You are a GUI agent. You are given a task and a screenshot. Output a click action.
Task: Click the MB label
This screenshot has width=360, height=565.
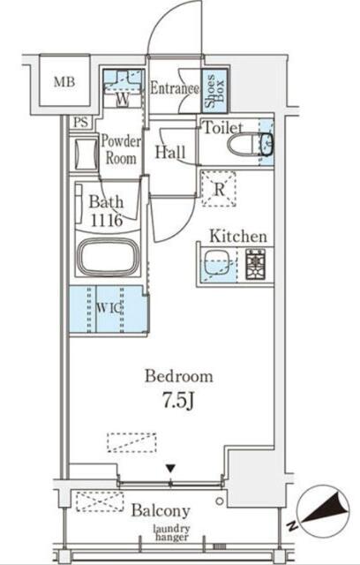(x=64, y=82)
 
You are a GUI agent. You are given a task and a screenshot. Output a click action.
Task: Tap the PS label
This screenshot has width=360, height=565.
(x=80, y=123)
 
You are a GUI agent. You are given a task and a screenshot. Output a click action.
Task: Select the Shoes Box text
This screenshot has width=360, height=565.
(x=214, y=90)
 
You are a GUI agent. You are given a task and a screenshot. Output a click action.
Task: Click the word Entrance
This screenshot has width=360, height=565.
(x=174, y=88)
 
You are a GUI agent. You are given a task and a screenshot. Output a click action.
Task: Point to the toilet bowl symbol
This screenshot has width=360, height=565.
(x=250, y=144)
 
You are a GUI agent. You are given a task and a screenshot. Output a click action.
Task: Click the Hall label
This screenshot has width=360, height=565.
(x=170, y=152)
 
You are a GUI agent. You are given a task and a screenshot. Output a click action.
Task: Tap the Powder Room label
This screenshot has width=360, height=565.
(x=121, y=149)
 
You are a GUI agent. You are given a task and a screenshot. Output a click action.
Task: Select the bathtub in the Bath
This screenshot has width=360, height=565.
(x=109, y=256)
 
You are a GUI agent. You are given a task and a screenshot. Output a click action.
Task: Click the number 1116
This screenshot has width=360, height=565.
(x=106, y=220)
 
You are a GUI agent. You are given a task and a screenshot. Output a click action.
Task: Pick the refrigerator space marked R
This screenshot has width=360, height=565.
(x=219, y=189)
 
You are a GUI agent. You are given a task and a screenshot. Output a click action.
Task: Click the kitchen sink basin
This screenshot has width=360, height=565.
(x=217, y=264)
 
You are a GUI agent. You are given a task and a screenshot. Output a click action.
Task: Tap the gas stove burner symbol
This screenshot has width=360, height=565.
(x=255, y=264)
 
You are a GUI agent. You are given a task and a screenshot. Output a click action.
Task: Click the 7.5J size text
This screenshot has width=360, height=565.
(x=179, y=401)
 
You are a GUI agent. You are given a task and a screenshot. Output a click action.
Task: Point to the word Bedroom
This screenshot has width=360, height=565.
(x=179, y=376)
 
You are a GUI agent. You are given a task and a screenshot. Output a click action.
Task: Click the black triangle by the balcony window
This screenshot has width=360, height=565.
(x=170, y=468)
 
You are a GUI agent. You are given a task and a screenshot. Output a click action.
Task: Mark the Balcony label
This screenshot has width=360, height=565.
(x=161, y=511)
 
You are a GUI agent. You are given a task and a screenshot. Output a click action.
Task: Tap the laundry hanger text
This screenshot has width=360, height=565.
(x=172, y=533)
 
